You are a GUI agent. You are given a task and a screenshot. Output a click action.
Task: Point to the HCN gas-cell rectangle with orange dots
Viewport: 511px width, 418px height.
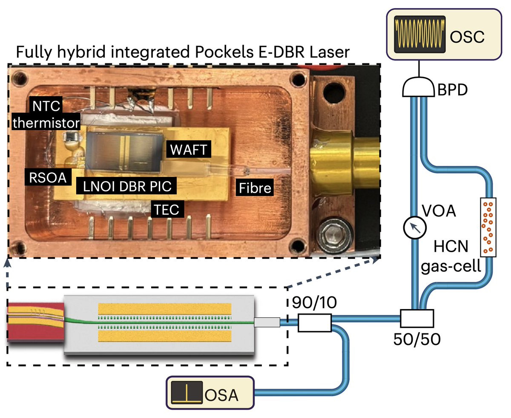[x=489, y=227]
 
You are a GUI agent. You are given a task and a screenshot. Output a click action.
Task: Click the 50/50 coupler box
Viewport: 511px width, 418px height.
[x=417, y=318]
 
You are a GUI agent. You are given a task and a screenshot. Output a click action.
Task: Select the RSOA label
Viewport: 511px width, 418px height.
[x=48, y=178]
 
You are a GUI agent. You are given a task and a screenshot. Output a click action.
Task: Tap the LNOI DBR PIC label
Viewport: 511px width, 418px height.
[x=126, y=186]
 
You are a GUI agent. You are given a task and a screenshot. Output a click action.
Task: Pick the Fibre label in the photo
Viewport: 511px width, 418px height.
[x=255, y=187]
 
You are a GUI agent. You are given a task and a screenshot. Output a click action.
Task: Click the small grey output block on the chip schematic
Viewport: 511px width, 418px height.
[x=267, y=323]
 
